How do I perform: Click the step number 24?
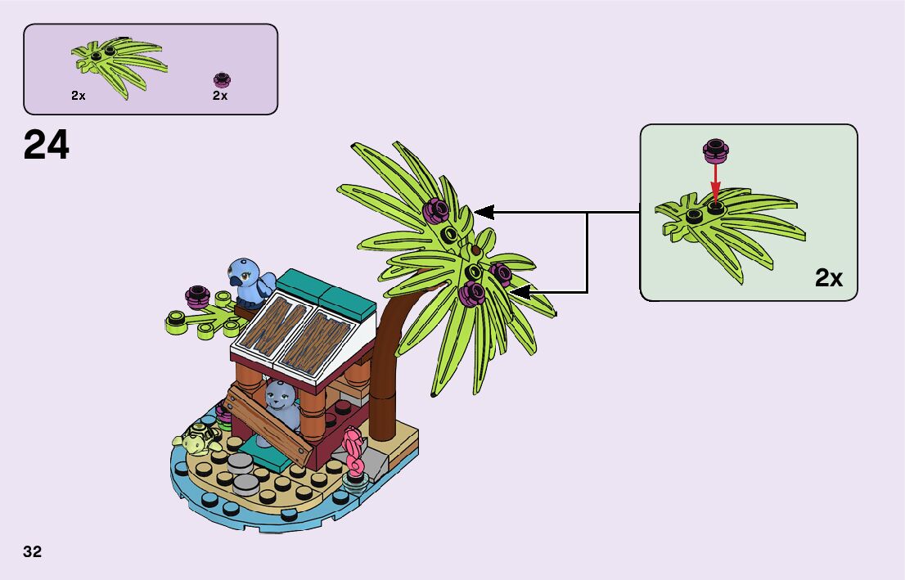(47, 146)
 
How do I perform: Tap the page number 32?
(33, 551)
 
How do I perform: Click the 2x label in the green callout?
(828, 279)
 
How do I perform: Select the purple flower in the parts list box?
(220, 79)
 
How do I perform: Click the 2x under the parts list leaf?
(79, 96)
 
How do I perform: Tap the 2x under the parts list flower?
(220, 96)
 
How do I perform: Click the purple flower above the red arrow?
(716, 150)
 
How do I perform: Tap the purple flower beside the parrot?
(196, 294)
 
